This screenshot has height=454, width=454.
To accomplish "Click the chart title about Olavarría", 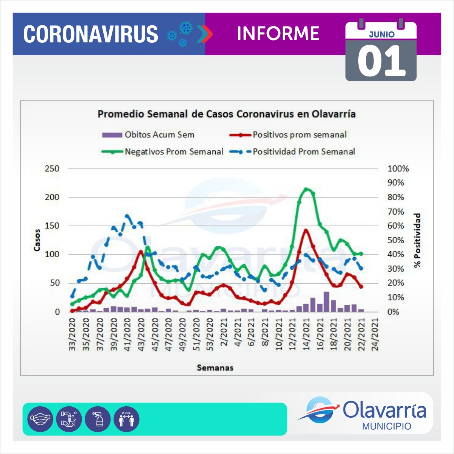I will pos(226,114).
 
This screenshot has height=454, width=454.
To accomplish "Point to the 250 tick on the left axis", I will pos(52,169).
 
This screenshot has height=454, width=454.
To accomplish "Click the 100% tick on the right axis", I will pos(398,169).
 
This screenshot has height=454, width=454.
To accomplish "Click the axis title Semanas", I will pos(215,368).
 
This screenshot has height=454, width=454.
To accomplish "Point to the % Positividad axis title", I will pos(417,241).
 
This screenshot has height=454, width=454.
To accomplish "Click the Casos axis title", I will pos(37,240).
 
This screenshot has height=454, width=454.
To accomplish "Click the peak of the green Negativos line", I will pos(307,189).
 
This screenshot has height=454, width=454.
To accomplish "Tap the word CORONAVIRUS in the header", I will pos(91,34).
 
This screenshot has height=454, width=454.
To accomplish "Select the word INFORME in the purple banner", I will pos(278,34).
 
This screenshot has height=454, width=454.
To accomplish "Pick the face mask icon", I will pos(40,419).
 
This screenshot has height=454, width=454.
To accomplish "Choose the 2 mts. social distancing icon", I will pos(127,419).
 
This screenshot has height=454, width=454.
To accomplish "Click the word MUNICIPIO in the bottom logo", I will pos(387,426).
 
